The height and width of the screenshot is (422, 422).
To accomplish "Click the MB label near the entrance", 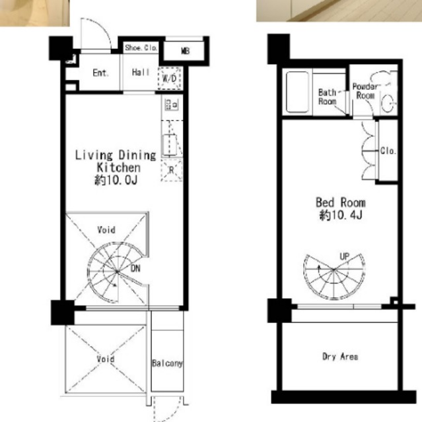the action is tap(185, 51).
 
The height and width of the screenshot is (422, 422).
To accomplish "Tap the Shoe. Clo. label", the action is tap(141, 48).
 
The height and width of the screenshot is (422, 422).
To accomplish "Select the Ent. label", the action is tap(100, 73).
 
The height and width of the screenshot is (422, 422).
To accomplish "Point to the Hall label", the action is tap(141, 72).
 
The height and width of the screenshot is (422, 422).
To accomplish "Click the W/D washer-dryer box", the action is tap(170, 78).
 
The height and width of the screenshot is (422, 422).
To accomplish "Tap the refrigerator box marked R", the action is tap(172, 170).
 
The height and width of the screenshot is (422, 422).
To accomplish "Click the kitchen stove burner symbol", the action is tap(172, 105).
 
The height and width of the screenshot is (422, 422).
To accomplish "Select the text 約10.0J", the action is tap(116, 180).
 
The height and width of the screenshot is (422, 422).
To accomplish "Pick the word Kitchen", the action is tap(119, 167).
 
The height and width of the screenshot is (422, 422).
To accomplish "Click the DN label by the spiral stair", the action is tap(135, 268).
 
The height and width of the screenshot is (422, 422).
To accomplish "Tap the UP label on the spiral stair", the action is tap(344, 256).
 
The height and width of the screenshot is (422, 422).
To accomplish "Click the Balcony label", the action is tap(167, 363).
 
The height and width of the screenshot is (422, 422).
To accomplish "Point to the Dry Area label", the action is tap(340, 357).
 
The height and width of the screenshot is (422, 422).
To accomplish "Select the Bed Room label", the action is tap(341, 202).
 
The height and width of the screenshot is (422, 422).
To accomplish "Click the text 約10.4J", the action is tap(341, 215).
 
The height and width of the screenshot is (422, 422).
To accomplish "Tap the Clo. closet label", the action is tap(388, 151).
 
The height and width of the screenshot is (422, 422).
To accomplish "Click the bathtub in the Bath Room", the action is tap(297, 92).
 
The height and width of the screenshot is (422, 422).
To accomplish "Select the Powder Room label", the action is tap(365, 91).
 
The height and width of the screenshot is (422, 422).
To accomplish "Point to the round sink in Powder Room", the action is tap(388, 104).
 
